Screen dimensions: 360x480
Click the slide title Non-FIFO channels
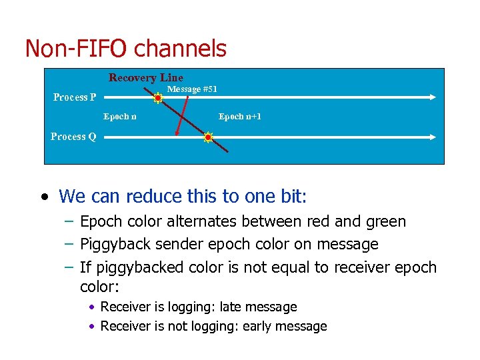[x=125, y=49]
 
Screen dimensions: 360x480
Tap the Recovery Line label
[x=146, y=78]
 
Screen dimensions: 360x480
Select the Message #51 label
[x=192, y=89]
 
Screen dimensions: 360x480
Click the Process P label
[x=75, y=97]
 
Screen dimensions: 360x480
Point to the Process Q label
[x=73, y=137]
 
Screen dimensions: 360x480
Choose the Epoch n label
[x=120, y=117]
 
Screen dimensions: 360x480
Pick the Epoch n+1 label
[x=240, y=117]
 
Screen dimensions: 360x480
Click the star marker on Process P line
[x=158, y=98]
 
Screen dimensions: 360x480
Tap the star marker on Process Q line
[x=208, y=138]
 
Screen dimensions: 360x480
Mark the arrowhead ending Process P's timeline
[x=433, y=97]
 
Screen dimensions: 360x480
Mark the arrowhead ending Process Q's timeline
[x=433, y=137]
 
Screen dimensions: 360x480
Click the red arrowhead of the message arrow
[x=177, y=133]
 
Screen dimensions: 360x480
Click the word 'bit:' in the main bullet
[x=293, y=197]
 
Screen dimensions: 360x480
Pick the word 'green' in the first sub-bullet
[x=383, y=221]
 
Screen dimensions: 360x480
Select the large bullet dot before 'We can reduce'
[x=44, y=197]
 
